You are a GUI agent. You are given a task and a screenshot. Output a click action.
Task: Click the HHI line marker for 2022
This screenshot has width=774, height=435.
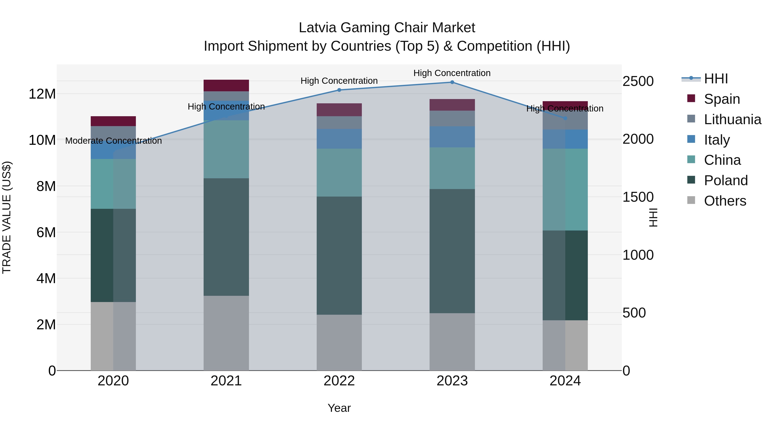pyautogui.click(x=339, y=90)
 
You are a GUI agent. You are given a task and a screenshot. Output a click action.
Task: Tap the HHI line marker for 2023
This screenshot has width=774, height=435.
pyautogui.click(x=452, y=82)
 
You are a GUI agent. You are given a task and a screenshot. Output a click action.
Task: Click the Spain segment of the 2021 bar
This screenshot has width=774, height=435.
pyautogui.click(x=226, y=85)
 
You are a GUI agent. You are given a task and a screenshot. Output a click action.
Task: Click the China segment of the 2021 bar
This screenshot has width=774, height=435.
pyautogui.click(x=226, y=149)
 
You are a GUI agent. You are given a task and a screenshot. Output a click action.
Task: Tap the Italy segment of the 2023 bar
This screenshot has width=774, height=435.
pyautogui.click(x=452, y=137)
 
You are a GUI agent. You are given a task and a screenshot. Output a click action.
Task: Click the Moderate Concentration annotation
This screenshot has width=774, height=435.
pyautogui.click(x=113, y=141)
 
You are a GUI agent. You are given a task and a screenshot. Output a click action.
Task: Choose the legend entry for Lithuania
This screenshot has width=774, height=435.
pyautogui.click(x=732, y=119)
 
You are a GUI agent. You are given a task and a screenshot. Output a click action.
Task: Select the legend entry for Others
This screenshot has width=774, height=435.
pyautogui.click(x=725, y=201)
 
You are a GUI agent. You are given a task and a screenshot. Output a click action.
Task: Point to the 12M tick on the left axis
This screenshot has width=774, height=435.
pyautogui.click(x=42, y=94)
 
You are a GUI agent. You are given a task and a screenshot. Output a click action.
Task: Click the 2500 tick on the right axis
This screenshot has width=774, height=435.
pyautogui.click(x=638, y=81)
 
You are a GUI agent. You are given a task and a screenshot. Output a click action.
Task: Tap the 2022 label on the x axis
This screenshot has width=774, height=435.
pyautogui.click(x=339, y=381)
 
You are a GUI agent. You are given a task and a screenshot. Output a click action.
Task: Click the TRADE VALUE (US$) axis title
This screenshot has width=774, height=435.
pyautogui.click(x=7, y=217)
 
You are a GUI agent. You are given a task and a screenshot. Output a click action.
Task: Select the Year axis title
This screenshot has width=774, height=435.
pyautogui.click(x=339, y=408)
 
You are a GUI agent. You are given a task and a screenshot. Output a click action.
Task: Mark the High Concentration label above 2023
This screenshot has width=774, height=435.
pyautogui.click(x=452, y=73)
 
